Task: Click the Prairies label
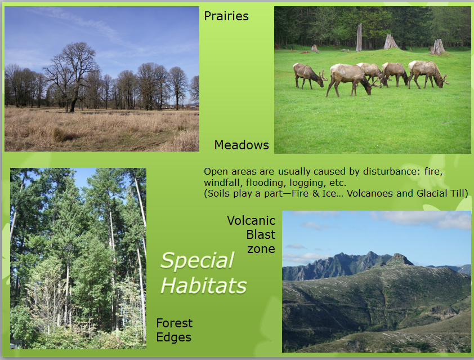[x=226, y=16]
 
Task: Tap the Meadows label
[x=242, y=145]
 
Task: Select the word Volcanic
[x=251, y=220]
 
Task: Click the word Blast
[x=261, y=234]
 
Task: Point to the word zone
[x=261, y=249]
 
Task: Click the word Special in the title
[x=197, y=260]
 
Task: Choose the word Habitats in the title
[x=203, y=286]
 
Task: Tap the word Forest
[x=174, y=323]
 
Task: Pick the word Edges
[x=173, y=337]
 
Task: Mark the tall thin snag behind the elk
[x=359, y=38]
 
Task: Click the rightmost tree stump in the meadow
[x=438, y=47]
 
